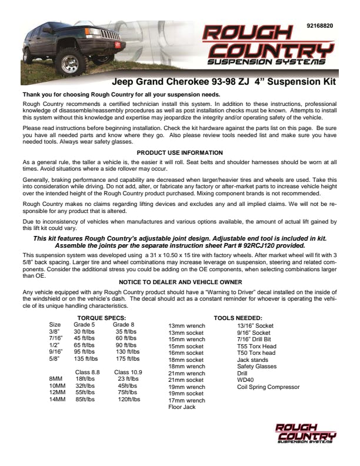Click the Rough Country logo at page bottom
pos(305,433)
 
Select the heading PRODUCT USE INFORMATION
pos(179,153)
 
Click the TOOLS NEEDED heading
pos(238,318)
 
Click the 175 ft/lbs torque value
pos(128,358)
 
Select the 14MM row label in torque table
pos(57,399)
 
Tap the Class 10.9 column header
pos(128,372)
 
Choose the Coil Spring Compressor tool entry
pos(268,387)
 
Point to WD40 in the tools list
pos(246,380)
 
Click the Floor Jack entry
pos(182,407)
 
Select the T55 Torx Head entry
pos(256,347)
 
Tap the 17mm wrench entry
pos(186,400)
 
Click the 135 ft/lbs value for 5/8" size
pos(84,358)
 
